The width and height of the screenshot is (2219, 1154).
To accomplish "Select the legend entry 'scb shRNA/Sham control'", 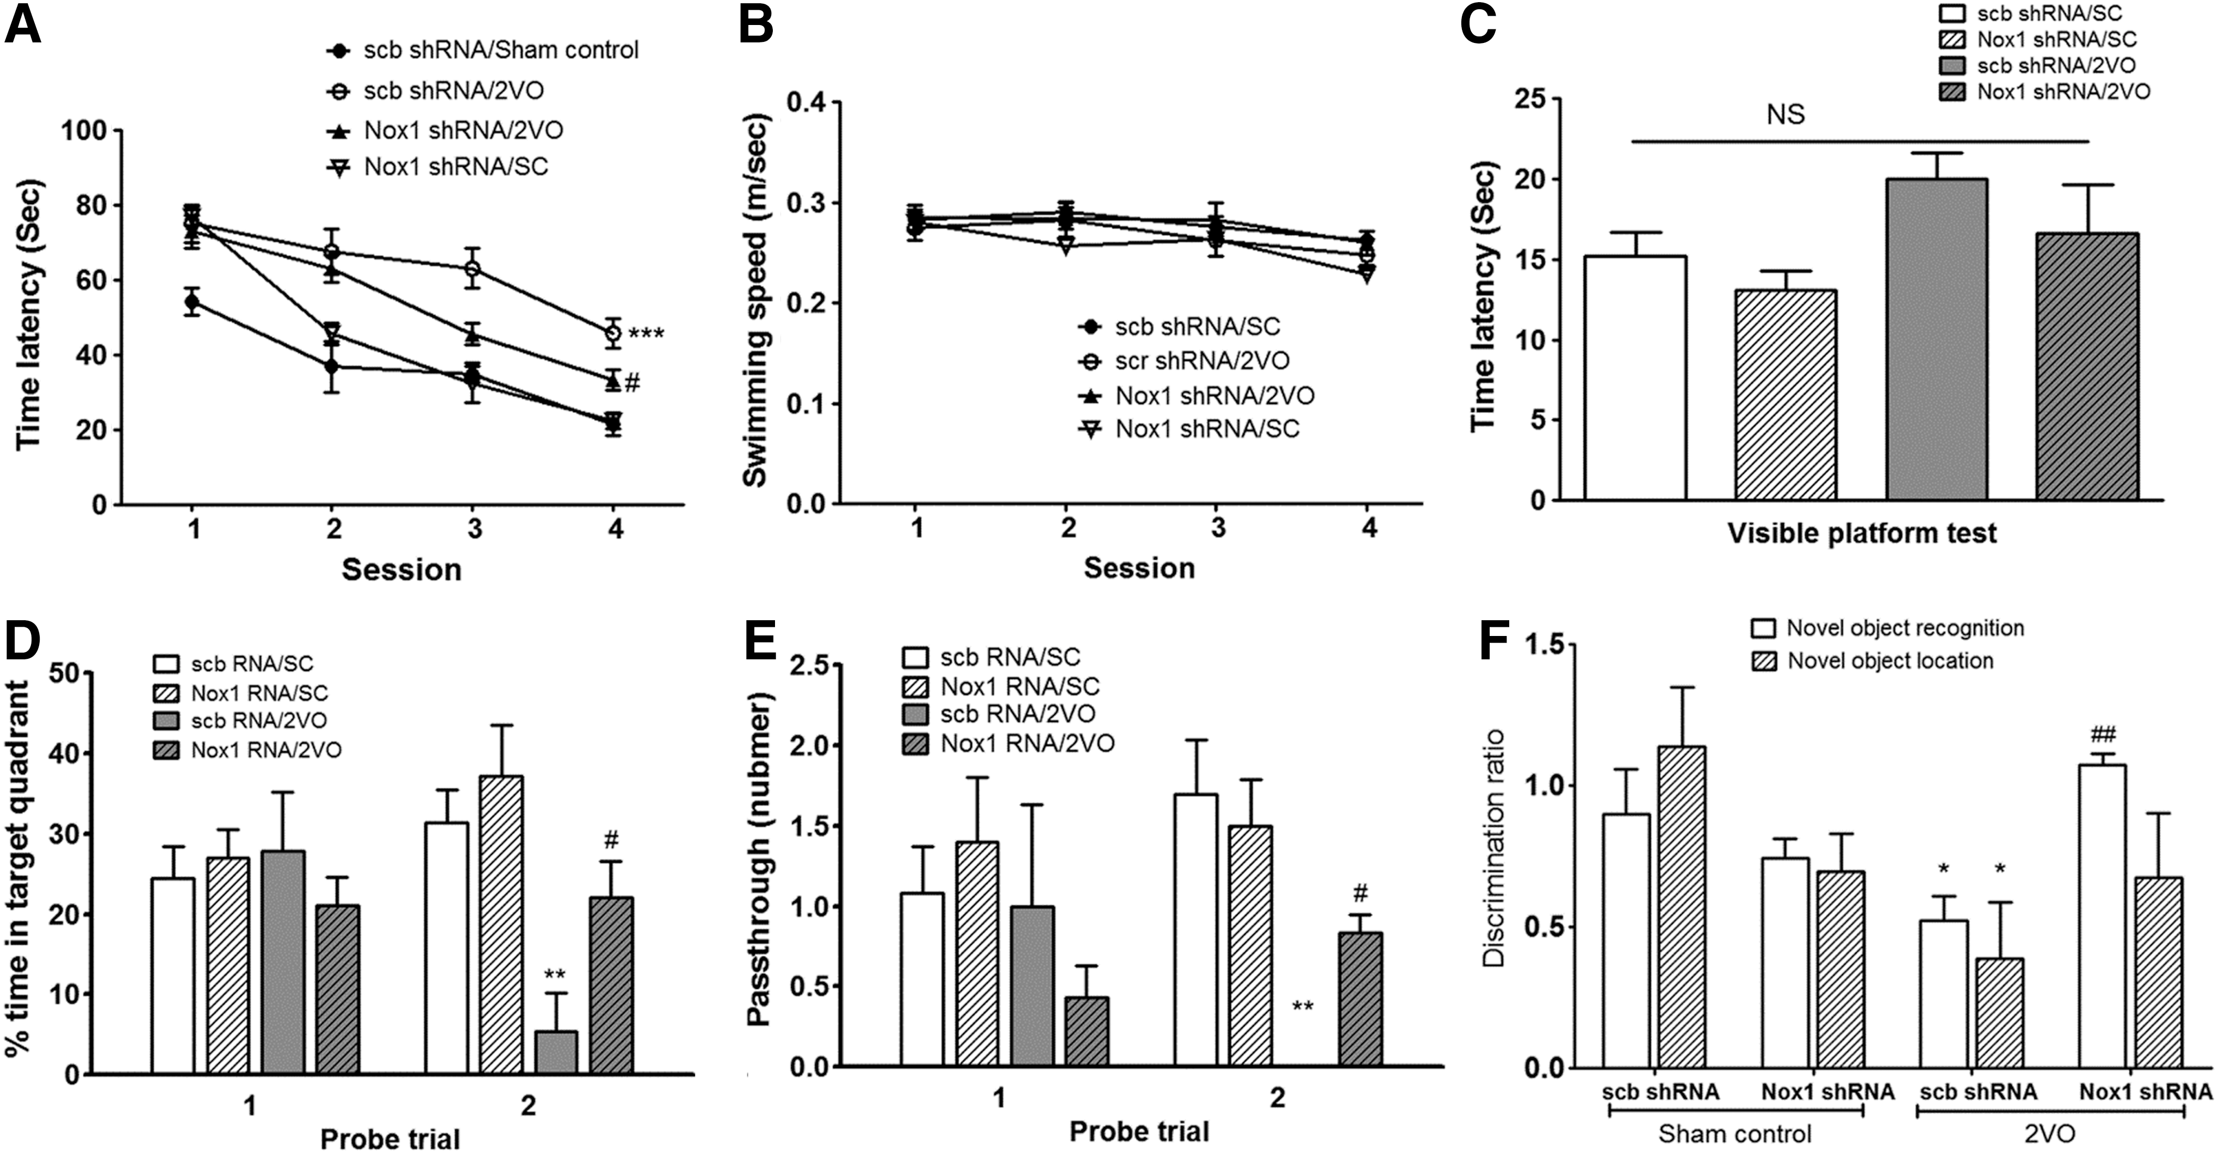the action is (482, 50).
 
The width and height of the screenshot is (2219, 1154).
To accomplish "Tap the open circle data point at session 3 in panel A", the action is (472, 269).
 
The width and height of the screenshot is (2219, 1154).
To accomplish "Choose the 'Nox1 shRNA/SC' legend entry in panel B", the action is (1189, 429).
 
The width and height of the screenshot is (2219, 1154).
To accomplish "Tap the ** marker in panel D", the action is (555, 975).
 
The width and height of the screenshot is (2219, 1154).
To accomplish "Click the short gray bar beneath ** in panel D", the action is (556, 1052).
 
